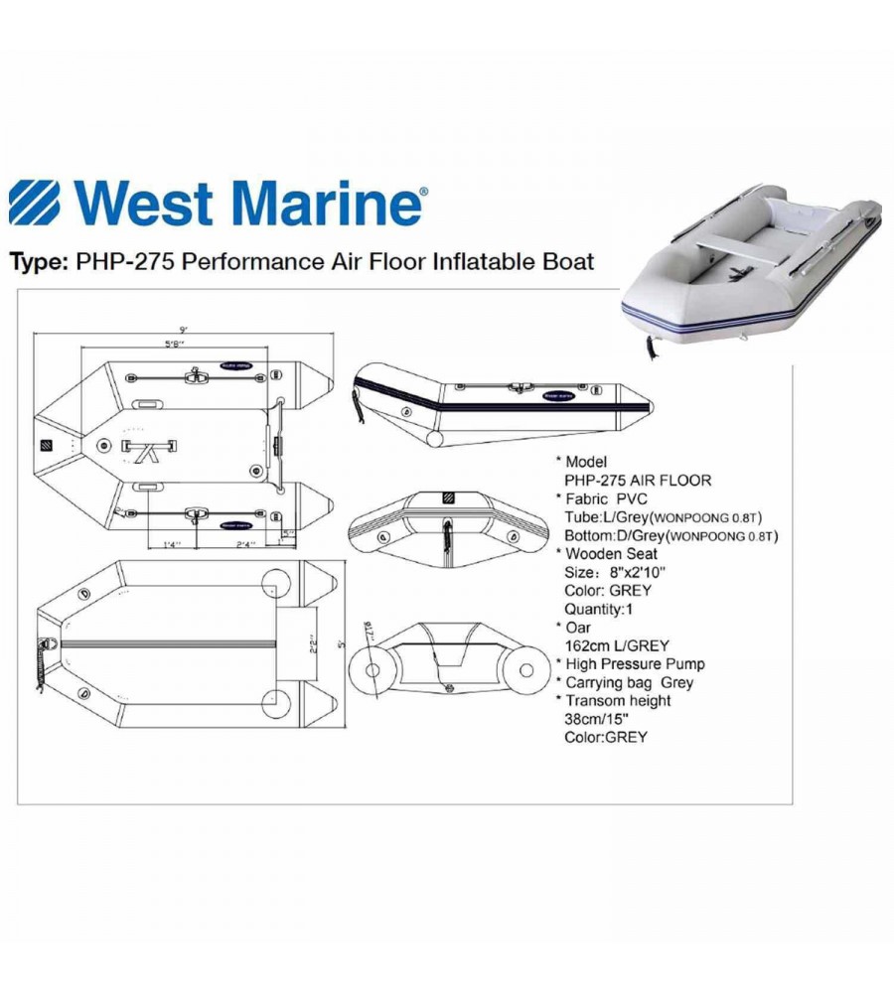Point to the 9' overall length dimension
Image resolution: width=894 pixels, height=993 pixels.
click(184, 329)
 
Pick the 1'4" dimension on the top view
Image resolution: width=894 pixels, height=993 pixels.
click(172, 545)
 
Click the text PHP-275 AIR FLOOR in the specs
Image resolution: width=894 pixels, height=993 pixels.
click(637, 481)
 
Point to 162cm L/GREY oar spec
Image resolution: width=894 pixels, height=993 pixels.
click(617, 645)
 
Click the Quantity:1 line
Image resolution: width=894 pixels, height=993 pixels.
click(601, 609)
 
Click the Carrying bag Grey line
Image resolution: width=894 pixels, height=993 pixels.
click(629, 682)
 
